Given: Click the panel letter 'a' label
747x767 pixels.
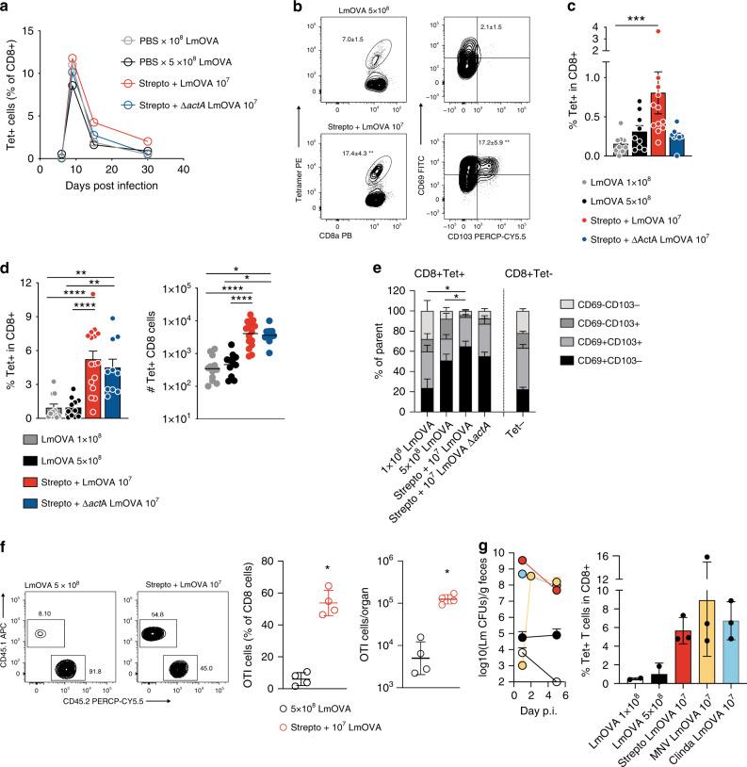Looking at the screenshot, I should coord(7,8).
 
